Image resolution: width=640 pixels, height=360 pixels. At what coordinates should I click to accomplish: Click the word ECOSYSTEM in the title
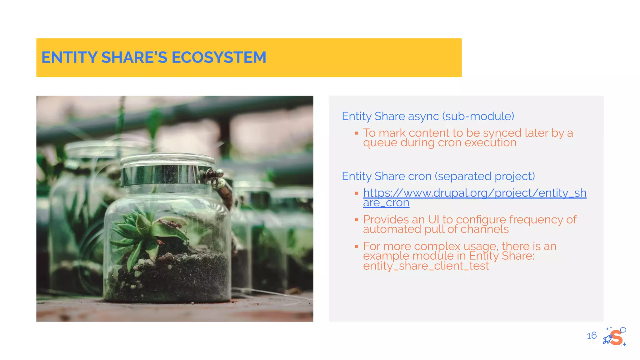(x=219, y=57)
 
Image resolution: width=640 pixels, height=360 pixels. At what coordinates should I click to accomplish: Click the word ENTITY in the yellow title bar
(x=69, y=57)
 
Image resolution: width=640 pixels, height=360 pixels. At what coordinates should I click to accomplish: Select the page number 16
(x=591, y=336)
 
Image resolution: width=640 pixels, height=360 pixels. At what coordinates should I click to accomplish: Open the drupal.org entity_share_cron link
(x=474, y=193)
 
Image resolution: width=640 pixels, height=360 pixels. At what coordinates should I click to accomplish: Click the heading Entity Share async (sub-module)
(x=427, y=116)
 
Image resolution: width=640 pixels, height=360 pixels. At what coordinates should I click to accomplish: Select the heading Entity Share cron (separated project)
(x=438, y=176)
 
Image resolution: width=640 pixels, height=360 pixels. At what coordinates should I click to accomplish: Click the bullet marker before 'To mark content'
(x=356, y=133)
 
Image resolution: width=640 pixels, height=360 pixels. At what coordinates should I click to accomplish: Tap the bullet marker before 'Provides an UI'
(x=356, y=220)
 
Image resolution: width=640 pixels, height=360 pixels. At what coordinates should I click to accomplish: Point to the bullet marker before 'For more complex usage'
(x=356, y=247)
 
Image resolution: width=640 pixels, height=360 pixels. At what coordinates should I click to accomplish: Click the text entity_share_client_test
(x=426, y=266)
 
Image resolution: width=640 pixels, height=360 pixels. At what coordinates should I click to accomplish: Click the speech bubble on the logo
(x=623, y=330)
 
